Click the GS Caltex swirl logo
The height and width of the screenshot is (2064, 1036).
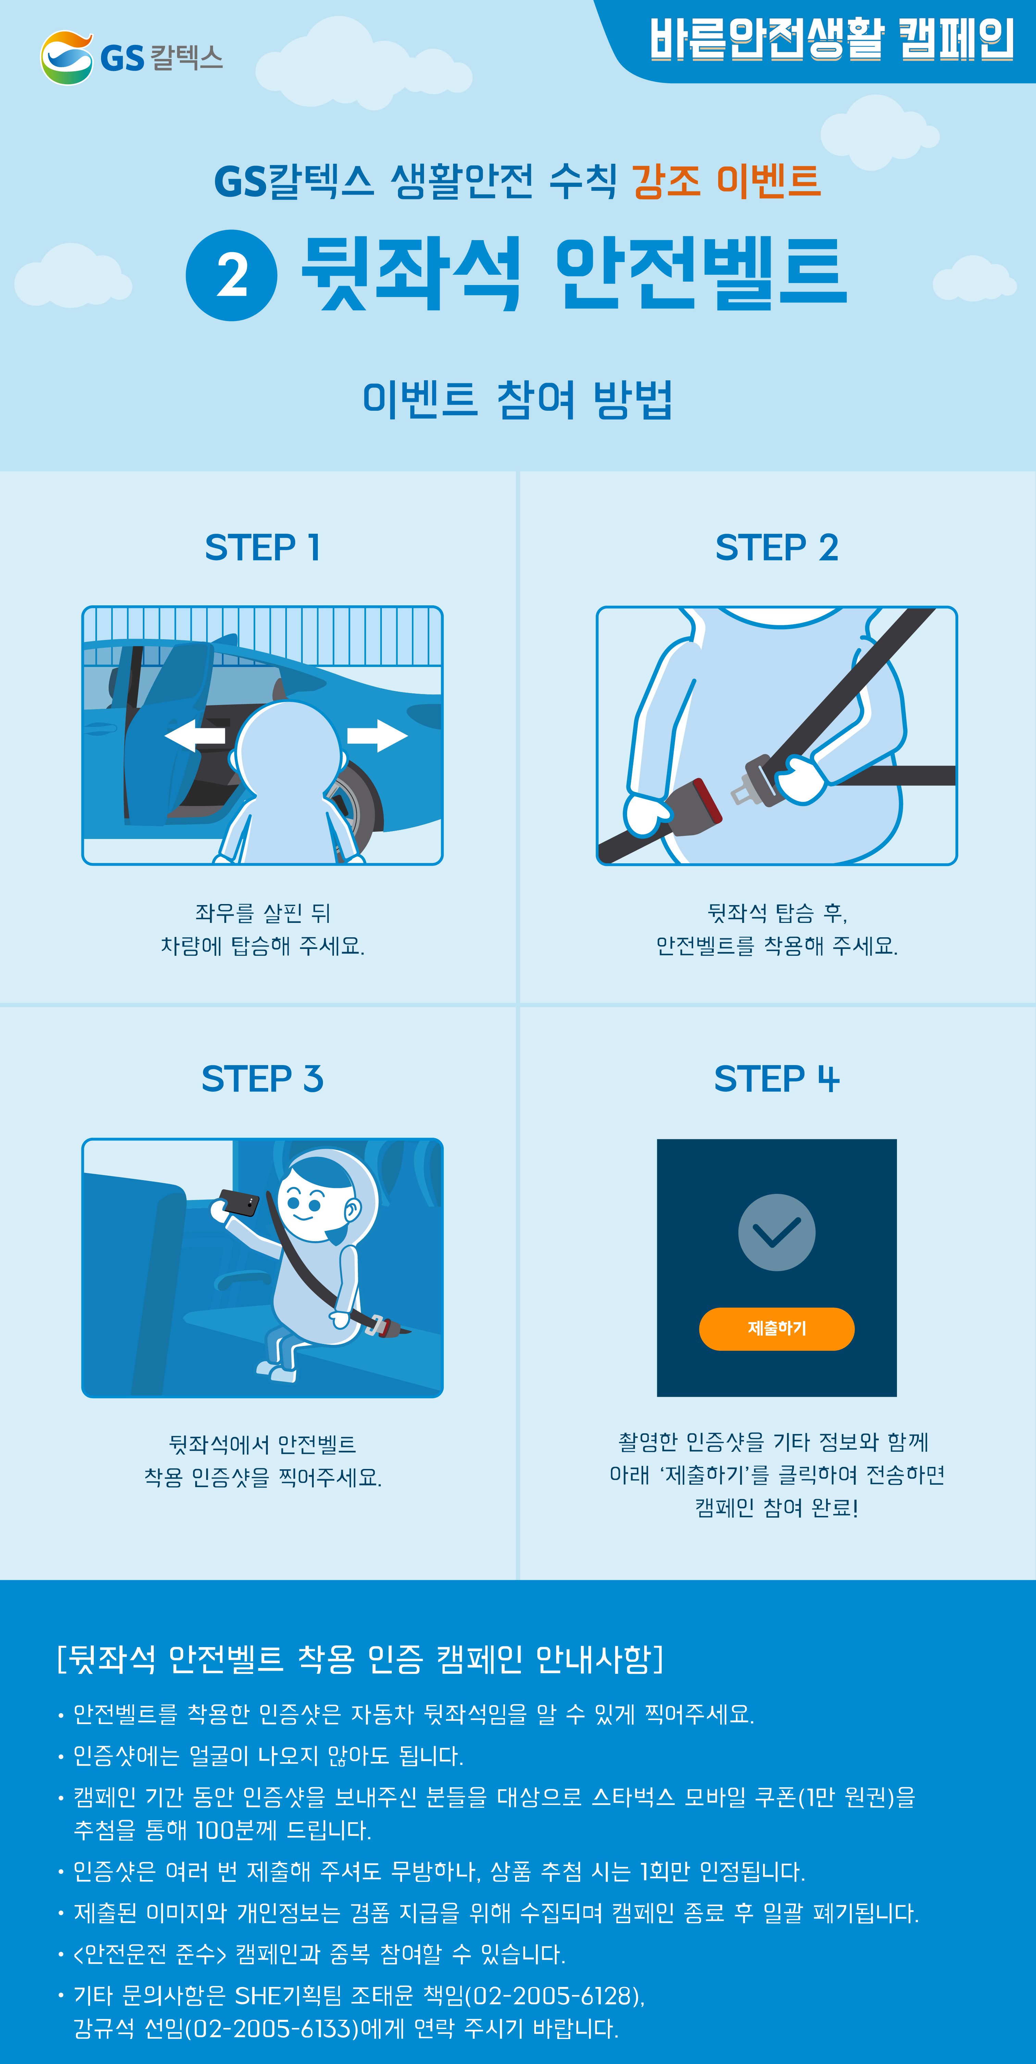[66, 58]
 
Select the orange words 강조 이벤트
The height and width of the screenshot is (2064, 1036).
[726, 180]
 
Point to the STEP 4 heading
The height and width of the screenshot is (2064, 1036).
[776, 1078]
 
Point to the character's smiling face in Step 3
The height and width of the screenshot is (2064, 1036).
[309, 1202]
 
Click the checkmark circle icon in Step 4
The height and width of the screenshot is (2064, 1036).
[776, 1232]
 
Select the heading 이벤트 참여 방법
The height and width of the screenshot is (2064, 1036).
[517, 400]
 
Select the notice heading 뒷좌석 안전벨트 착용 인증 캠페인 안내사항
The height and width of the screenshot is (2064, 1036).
[360, 1659]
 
